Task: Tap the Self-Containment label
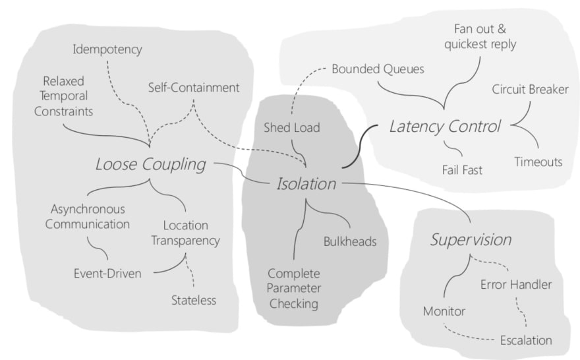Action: [x=193, y=87]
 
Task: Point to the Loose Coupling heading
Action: [x=151, y=164]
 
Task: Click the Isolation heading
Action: [x=305, y=183]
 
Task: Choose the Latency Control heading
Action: [x=445, y=125]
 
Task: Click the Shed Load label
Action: [x=291, y=127]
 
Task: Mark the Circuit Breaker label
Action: [x=530, y=89]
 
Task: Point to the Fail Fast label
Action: [x=461, y=170]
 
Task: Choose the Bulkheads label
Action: [x=349, y=241]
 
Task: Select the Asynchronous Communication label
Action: [x=90, y=216]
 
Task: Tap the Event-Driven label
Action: [x=106, y=273]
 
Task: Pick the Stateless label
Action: [x=193, y=301]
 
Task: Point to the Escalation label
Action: [x=525, y=340]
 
